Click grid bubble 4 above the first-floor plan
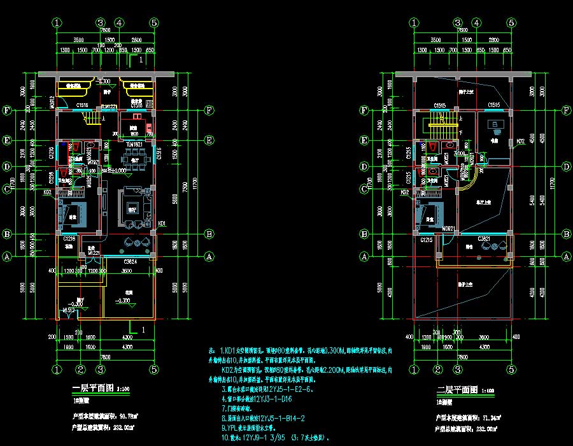click(119, 22)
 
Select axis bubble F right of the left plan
click(209, 110)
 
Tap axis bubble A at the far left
click(8, 257)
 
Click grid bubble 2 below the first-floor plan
click(81, 369)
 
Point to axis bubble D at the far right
click(566, 167)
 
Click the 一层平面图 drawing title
click(89, 388)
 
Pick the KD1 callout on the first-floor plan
click(162, 224)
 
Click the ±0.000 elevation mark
click(117, 171)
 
